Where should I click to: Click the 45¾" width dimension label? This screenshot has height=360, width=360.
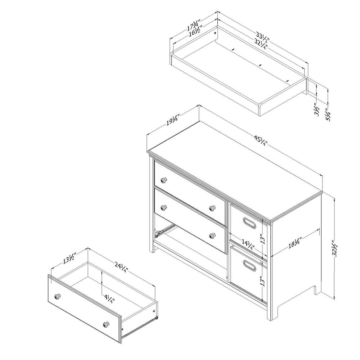tap(261, 141)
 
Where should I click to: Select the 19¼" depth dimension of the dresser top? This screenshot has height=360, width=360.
tap(173, 121)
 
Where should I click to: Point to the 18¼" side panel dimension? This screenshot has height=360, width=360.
tap(294, 243)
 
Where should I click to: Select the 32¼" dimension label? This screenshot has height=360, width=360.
tap(261, 44)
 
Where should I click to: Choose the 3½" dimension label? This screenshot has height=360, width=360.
tap(316, 110)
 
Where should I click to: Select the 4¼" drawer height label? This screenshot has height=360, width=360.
tap(109, 299)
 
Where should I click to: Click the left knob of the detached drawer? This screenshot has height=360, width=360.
tap(57, 296)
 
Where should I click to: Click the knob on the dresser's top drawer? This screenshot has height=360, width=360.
tap(163, 180)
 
